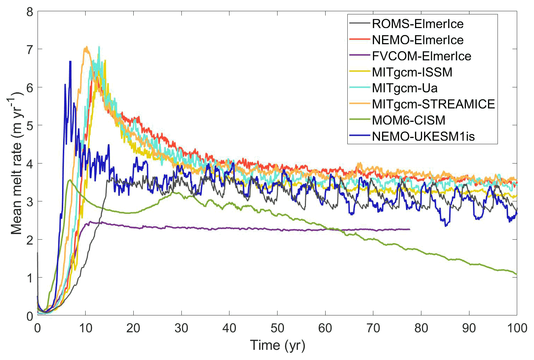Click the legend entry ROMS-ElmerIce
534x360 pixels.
pos(418,24)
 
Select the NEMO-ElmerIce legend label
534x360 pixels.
pos(418,40)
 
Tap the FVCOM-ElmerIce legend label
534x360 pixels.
pos(421,56)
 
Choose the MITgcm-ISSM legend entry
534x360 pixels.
pos(412,72)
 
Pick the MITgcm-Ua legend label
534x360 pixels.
pos(405,88)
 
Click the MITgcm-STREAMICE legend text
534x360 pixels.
pos(433,104)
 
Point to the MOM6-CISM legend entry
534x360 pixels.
pos(408,120)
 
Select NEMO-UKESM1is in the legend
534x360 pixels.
pos(423,136)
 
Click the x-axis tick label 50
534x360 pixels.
pos(277,328)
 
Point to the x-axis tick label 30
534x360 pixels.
pos(181,328)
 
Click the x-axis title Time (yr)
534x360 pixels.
pos(277,345)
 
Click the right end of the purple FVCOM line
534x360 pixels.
pos(409,229)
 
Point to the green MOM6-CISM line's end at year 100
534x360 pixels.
pos(516,274)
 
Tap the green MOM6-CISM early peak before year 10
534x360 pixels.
pos(70,180)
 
